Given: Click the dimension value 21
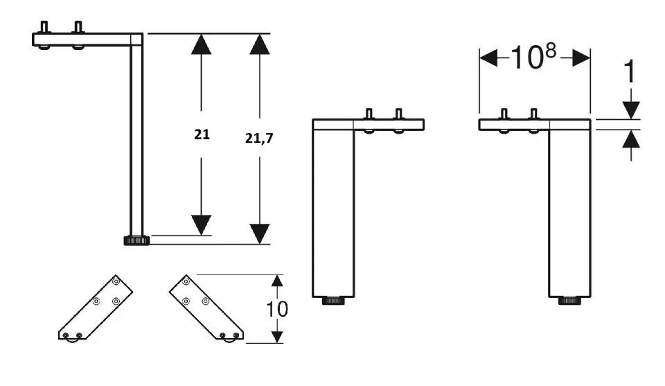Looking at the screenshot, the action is pos(202,134).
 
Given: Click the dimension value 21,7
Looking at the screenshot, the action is pos(259,139).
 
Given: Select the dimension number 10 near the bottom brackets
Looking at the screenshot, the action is pos(277,309).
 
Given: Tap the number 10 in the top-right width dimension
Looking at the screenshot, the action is pos(526,58).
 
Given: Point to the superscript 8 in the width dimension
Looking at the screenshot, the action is pos(551,51).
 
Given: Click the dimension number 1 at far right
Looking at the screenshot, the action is pos(630,71).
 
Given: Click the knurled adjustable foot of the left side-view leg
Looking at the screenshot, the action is pos(136,240).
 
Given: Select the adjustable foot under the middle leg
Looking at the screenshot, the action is pos(333,301).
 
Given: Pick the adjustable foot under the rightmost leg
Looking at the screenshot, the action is pos(569,301).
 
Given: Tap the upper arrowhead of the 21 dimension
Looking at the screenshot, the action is pos(201,44).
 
